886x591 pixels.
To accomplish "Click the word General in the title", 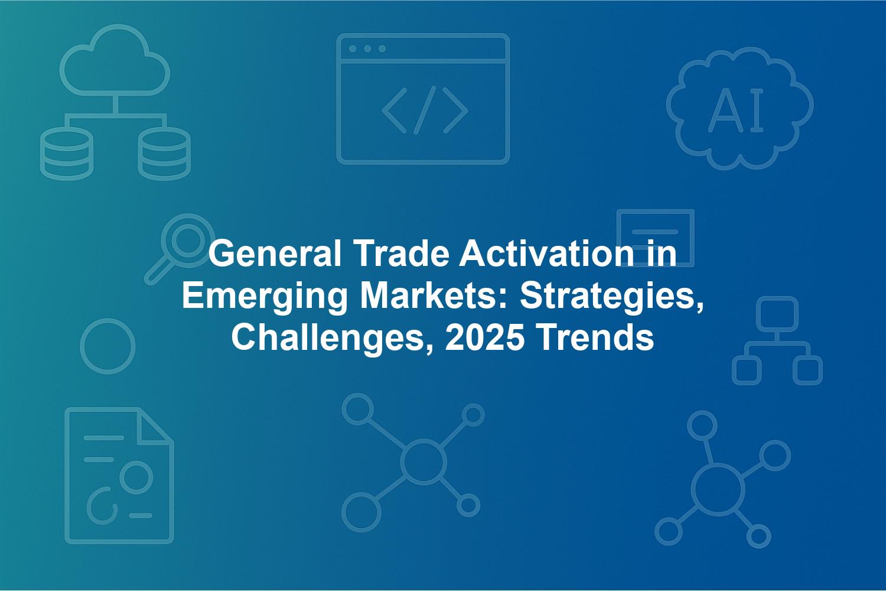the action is point(275,254).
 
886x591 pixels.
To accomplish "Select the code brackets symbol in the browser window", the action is point(425,110).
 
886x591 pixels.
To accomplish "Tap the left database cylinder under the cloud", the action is point(66,154).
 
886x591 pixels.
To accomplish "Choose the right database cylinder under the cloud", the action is point(164,154).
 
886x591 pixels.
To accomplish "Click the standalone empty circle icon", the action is point(108,319).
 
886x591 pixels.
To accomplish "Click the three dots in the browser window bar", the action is point(367,48).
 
